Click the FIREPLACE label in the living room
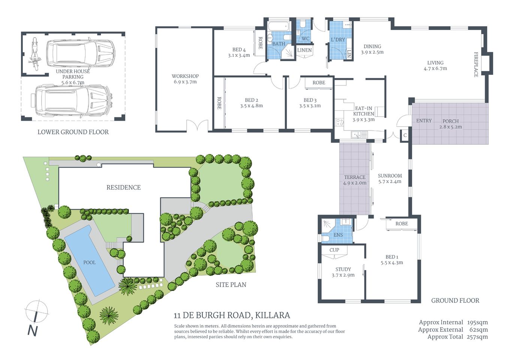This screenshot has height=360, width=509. pos(476,64)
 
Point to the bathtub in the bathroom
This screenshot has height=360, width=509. pos(278,26)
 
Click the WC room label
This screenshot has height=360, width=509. pos(305,39)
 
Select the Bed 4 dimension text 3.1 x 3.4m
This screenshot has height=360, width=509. pos(239,55)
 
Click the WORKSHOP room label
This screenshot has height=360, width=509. pos(185,76)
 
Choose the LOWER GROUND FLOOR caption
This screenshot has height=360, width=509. pos(73,132)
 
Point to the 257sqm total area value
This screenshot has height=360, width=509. pos(477,337)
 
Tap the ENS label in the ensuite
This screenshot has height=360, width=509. pos(338,235)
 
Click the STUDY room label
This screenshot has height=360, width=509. pos(343,269)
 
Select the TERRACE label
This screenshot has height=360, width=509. pos(355,177)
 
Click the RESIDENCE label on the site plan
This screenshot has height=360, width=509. pos(123,187)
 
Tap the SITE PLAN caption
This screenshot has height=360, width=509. pos(231,285)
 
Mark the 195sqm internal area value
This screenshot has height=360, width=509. pos(477,322)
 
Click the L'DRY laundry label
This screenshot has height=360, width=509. pos(338,39)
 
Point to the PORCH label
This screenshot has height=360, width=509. pos(451,121)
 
